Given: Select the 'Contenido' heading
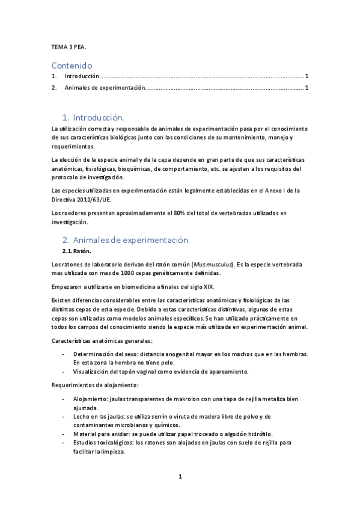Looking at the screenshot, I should point(72,65).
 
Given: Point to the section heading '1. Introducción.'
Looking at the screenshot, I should point(93,117).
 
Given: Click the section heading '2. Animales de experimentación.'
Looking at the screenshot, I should point(126,240).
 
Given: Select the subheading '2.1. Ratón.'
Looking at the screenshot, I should point(76,251).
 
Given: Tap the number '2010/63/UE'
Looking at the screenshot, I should point(95,200).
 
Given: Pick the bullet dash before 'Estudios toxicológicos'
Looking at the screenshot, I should point(64,443).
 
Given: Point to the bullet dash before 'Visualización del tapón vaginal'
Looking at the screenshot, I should point(64,372).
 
